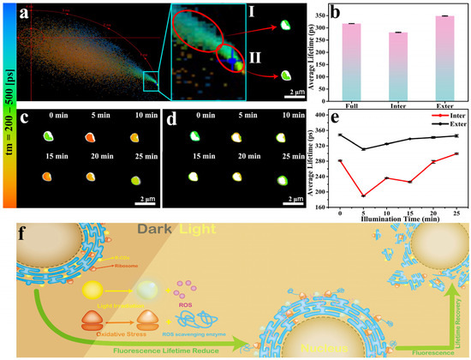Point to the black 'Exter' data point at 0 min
point(340,135)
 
